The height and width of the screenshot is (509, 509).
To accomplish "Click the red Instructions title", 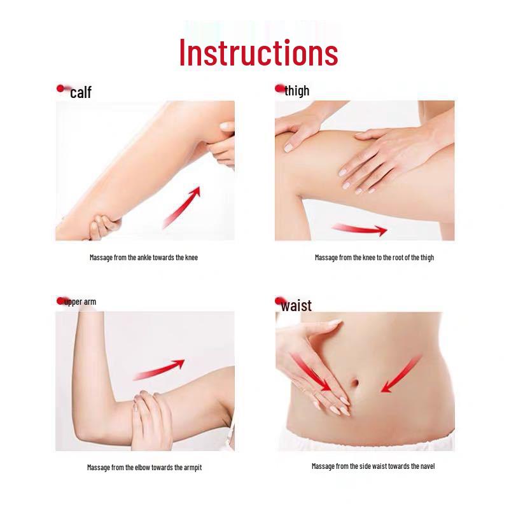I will [x=258, y=53].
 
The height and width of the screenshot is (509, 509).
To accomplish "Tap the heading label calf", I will [x=81, y=93].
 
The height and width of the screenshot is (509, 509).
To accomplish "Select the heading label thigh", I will [x=297, y=90].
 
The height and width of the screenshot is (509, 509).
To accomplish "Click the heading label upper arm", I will [x=81, y=302].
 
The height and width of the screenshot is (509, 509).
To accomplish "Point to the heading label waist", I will [x=296, y=306].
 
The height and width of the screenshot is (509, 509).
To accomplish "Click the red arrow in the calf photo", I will [x=182, y=207].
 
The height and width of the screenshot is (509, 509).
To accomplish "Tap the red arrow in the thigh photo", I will [x=359, y=229].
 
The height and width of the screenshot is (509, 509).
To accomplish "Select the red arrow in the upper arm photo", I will [x=159, y=369].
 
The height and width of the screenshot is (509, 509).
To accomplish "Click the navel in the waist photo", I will [x=356, y=384].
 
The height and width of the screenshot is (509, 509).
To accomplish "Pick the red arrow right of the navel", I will [x=401, y=375].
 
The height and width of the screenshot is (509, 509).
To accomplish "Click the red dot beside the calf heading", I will [x=61, y=88].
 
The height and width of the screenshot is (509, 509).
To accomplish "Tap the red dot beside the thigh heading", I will [x=279, y=88].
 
